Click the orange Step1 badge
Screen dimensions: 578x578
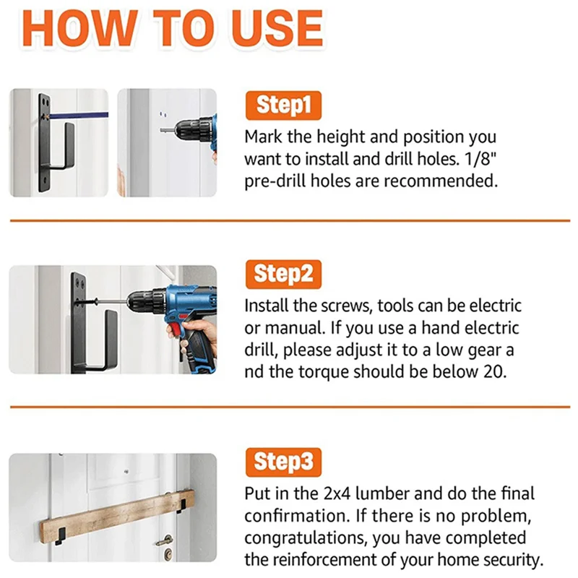283,105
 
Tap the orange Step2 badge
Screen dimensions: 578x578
283,275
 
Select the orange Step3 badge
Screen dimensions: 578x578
283,462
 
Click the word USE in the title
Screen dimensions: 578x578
277,28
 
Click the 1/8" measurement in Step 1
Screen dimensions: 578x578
480,159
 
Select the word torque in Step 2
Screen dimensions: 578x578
323,371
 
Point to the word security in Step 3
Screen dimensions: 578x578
514,561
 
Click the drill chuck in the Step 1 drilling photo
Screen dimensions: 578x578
189,130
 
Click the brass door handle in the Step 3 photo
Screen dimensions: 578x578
164,540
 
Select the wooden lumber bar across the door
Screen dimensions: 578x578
117,516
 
